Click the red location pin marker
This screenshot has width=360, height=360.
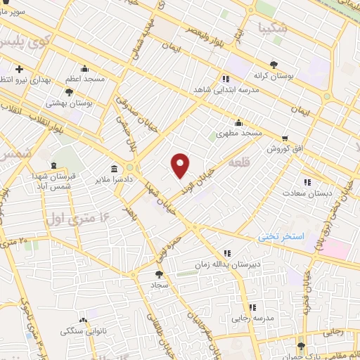tap(181, 165)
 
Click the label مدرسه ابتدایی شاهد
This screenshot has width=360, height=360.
tap(225, 91)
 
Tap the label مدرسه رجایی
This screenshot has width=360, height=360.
tap(252, 319)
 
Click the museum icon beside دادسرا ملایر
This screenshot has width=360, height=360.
tap(115, 169)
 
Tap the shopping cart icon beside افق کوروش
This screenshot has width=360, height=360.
tap(284, 139)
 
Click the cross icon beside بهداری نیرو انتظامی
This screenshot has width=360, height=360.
tap(19, 70)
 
